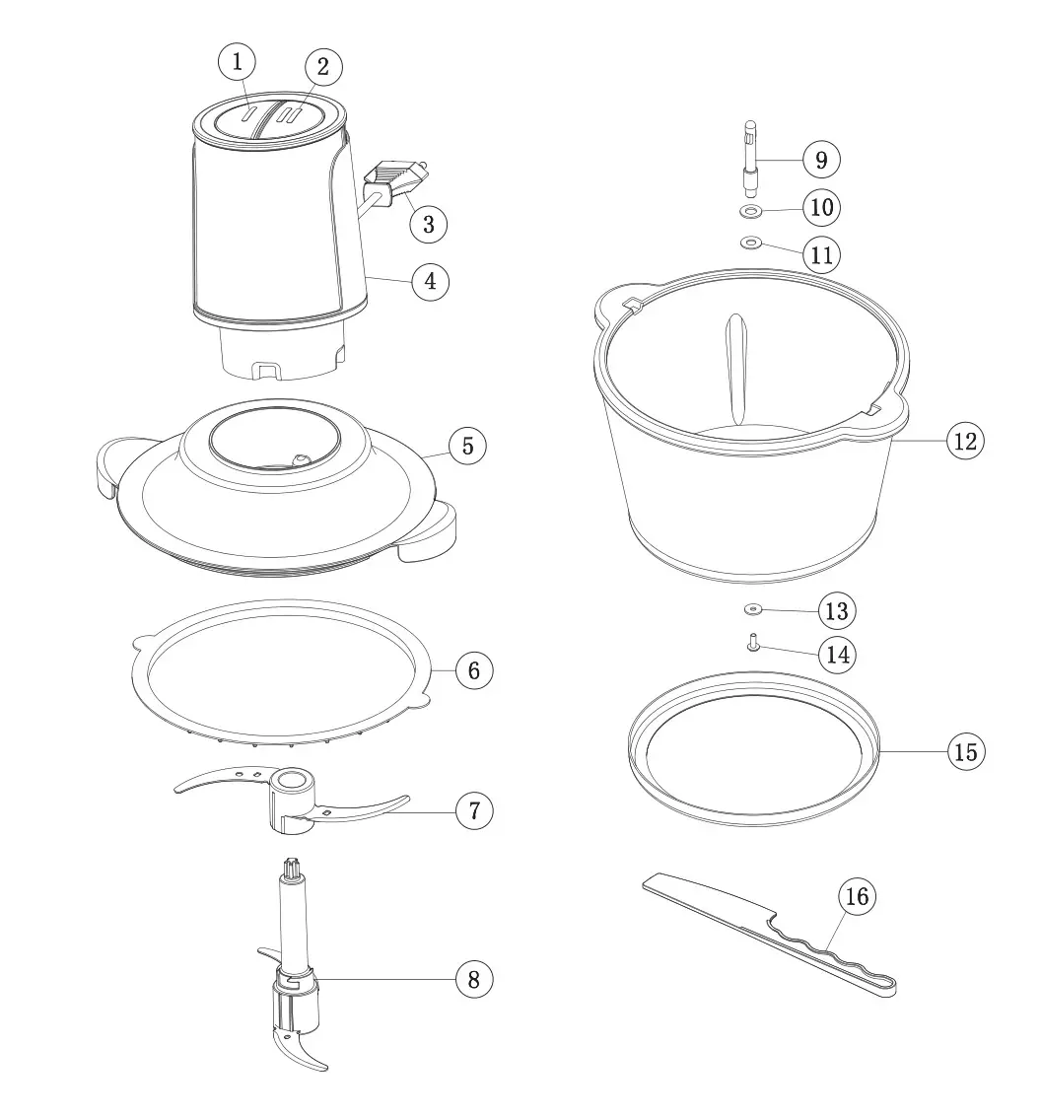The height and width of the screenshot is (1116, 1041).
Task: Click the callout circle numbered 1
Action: point(236,62)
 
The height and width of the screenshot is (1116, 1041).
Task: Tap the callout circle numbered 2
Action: point(322,67)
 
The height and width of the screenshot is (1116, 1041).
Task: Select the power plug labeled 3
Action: point(397,181)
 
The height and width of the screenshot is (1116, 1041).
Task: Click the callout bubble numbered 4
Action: point(430,281)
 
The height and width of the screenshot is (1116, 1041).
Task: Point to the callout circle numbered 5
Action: point(467,446)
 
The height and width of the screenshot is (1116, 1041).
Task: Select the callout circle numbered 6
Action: point(473,670)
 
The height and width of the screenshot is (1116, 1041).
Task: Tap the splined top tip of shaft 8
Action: point(294,868)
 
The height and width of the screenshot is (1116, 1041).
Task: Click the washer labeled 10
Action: point(750,211)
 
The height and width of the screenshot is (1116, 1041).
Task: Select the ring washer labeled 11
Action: point(750,243)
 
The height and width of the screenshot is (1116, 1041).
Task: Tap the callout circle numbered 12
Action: point(966,441)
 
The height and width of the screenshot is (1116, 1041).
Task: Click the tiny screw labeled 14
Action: point(752,644)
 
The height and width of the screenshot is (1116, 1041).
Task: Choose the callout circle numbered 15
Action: point(966,751)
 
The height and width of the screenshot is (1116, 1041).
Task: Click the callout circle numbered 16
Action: point(857,896)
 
